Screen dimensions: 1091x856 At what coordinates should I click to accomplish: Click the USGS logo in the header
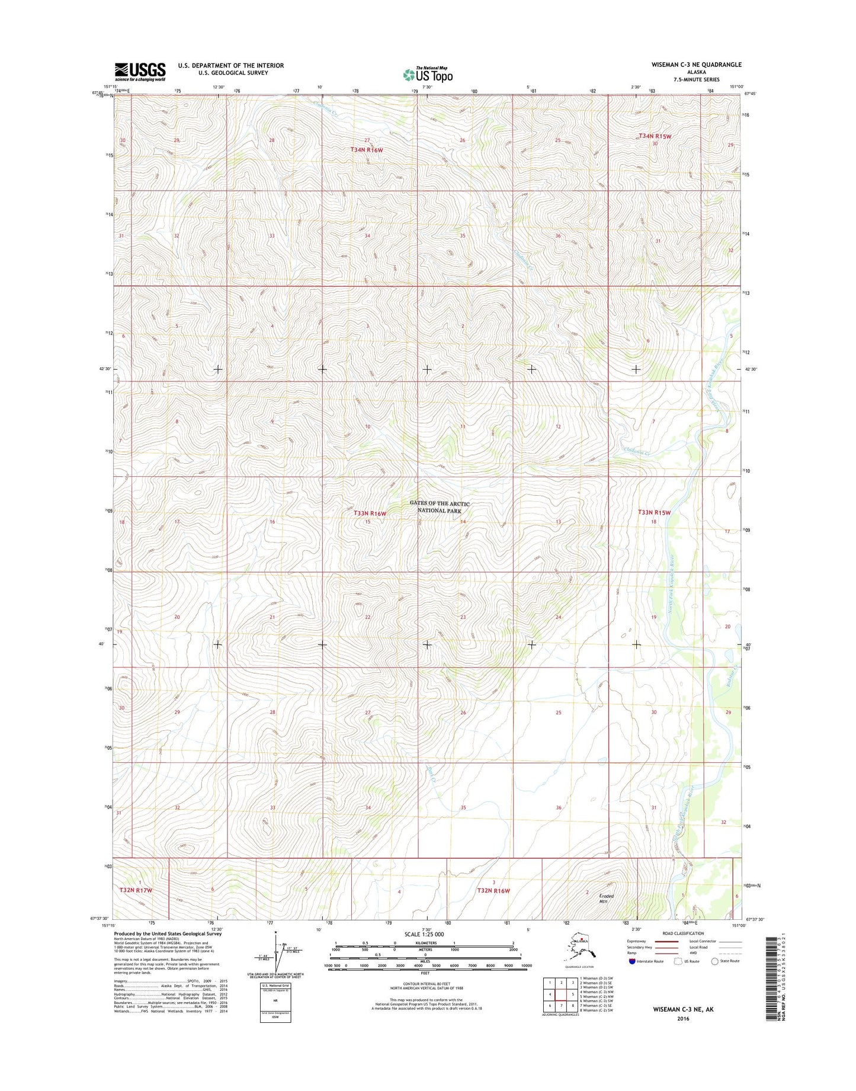click(140, 71)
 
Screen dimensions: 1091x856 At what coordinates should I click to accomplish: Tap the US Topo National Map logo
click(428, 75)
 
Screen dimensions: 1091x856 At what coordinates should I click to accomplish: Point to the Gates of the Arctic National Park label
click(440, 507)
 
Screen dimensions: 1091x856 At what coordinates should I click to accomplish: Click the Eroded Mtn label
click(605, 899)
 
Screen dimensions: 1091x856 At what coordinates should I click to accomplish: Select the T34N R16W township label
click(367, 150)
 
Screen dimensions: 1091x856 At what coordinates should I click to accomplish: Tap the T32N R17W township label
click(136, 890)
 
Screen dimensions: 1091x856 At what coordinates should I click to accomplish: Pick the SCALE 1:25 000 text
click(425, 934)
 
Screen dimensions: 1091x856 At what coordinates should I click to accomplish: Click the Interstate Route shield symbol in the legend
click(632, 961)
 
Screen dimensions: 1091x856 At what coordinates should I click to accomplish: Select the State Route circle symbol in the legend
click(714, 961)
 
